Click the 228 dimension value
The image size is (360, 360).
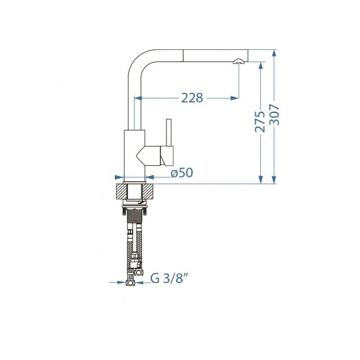coord(192,98)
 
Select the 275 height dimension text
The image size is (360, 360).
coord(260,121)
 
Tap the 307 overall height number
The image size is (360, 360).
coord(274,115)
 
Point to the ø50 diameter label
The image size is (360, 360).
coord(182,173)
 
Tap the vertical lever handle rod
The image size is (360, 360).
coord(169,132)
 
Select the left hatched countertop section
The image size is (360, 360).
coord(121,191)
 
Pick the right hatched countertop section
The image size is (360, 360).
coord(148,191)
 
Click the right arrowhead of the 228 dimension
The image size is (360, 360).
coord(234,98)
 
